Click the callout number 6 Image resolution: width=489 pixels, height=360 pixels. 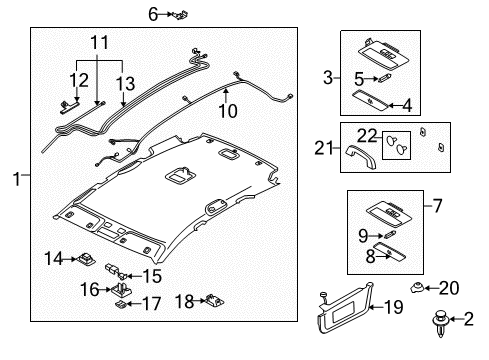tap(153, 15)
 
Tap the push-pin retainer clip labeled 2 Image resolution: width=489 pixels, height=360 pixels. tap(440, 323)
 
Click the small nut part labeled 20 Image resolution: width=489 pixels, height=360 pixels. tap(416, 287)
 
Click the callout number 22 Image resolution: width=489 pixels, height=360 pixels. tap(367, 136)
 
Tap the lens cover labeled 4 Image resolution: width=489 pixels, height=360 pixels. tap(370, 100)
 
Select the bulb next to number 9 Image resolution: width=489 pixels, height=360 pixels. tap(390, 234)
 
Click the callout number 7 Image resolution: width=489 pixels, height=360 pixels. tap(438, 206)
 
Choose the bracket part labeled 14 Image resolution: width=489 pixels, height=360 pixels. tap(86, 259)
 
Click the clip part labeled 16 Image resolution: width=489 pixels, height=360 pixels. tap(121, 290)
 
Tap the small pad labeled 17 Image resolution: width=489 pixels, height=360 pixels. tap(121, 304)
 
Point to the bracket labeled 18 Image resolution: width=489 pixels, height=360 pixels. tap(214, 301)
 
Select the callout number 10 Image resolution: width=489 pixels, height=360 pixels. tap(228, 111)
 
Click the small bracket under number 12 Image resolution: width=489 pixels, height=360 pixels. tap(70, 107)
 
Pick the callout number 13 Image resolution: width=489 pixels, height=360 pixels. tap(125, 84)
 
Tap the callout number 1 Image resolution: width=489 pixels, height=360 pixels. tap(16, 179)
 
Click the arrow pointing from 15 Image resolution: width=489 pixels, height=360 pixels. tap(135, 276)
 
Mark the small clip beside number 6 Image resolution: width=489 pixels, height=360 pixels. tap(182, 15)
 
